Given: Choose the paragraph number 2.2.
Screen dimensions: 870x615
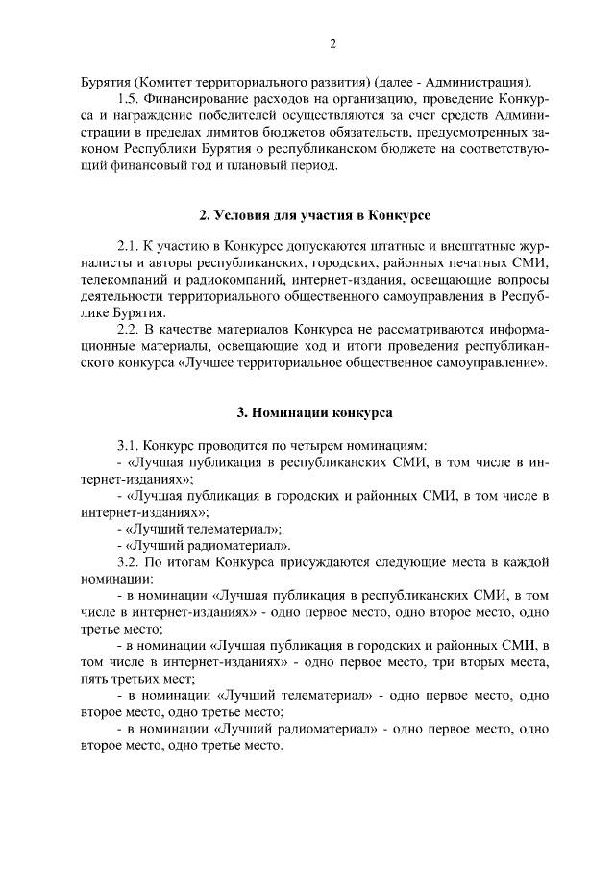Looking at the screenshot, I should pos(128,331).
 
